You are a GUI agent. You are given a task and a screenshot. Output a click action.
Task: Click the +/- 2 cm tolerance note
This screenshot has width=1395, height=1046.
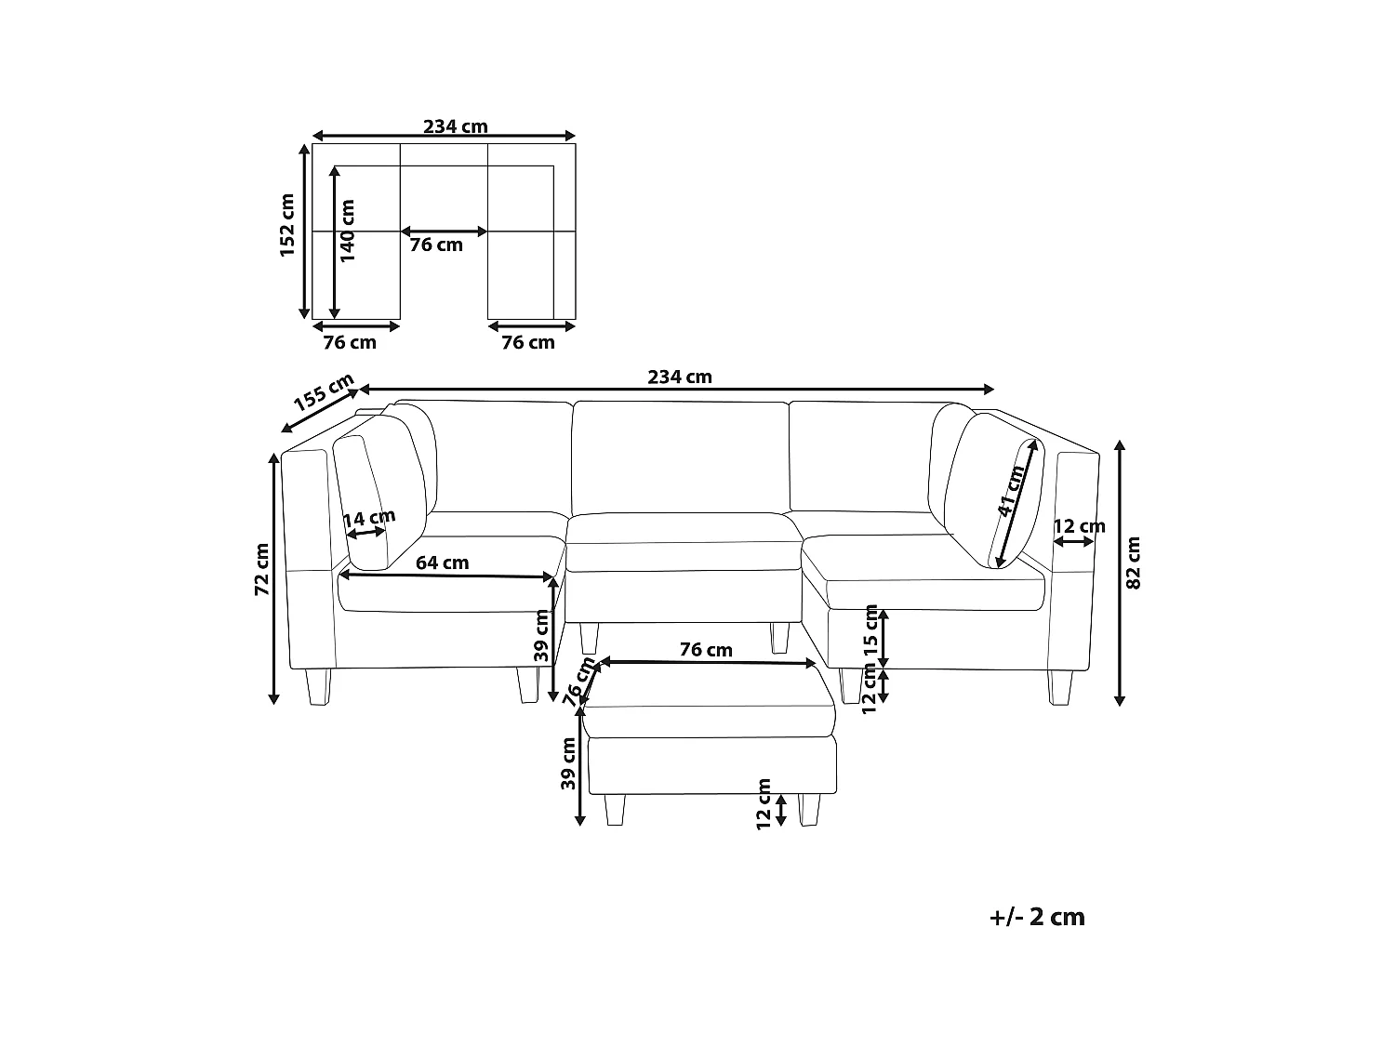pos(1037,917)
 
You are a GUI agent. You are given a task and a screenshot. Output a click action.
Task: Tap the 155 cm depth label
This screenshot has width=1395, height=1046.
pos(324,391)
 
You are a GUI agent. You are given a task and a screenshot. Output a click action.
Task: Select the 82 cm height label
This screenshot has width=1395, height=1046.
pos(1133,563)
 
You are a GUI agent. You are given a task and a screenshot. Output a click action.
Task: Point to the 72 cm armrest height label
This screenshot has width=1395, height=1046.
pos(262,569)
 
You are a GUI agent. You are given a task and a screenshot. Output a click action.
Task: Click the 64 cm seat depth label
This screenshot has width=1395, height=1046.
pos(443,563)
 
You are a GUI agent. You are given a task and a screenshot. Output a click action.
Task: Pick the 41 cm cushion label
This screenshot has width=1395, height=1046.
pos(1011,490)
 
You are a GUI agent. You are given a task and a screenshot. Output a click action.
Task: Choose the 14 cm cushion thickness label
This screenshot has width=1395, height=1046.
pos(369,518)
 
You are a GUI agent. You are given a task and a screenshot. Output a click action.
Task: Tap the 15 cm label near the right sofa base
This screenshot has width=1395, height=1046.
pos(870,631)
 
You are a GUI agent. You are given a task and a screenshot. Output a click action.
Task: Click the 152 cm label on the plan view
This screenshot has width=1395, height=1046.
pos(287,225)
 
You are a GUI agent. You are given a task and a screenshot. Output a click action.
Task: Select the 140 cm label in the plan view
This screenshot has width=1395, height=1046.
pos(347,231)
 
